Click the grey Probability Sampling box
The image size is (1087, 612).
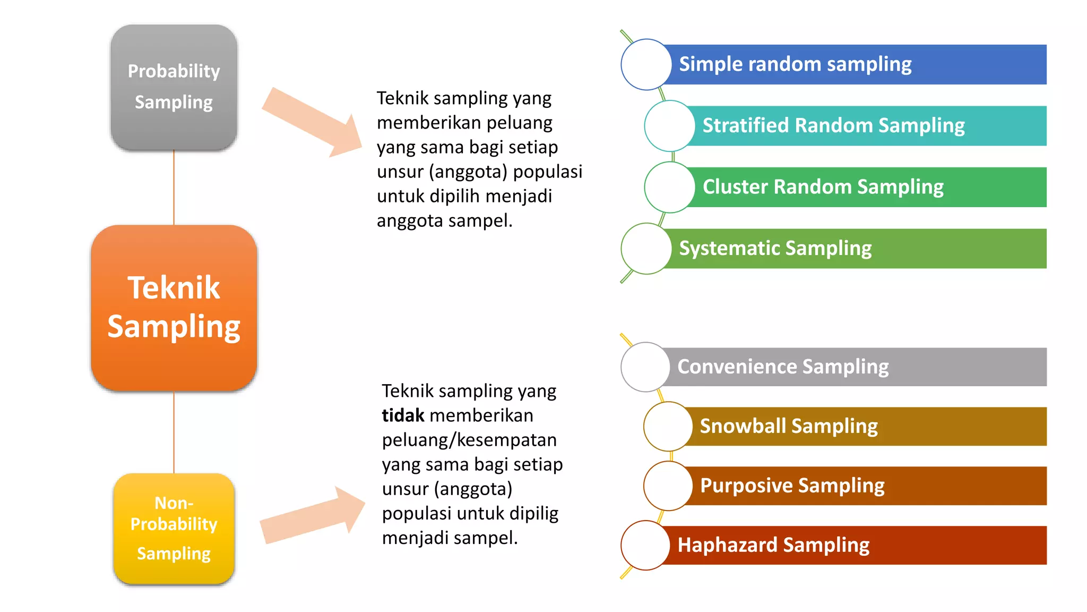click(x=174, y=87)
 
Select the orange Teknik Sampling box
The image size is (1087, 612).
click(x=174, y=308)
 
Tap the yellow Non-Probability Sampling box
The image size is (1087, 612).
click(x=174, y=529)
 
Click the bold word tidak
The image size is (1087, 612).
click(x=403, y=415)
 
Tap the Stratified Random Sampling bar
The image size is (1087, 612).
click(x=870, y=126)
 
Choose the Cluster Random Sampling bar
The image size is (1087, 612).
click(x=870, y=187)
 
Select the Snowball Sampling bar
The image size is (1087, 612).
click(x=870, y=427)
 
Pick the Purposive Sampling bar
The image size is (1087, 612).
click(x=870, y=486)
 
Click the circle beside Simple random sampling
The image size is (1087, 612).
click(x=646, y=64)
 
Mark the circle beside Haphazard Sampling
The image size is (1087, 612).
click(x=645, y=546)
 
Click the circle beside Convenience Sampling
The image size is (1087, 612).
click(x=645, y=367)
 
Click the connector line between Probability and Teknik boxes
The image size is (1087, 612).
click(x=174, y=187)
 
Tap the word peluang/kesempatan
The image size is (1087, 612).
click(x=469, y=440)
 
